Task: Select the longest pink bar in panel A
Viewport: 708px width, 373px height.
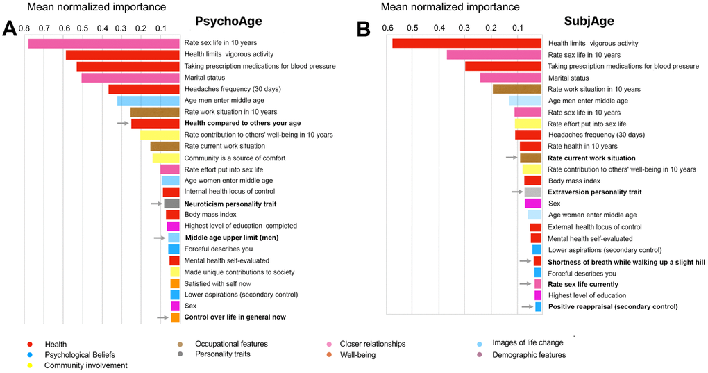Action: pyautogui.click(x=103, y=43)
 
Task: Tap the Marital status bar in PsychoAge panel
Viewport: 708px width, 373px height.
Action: pyautogui.click(x=130, y=78)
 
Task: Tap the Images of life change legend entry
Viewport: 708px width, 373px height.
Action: pyautogui.click(x=527, y=343)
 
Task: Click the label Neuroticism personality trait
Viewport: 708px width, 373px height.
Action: pyautogui.click(x=230, y=204)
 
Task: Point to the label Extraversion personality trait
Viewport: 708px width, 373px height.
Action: pyautogui.click(x=594, y=192)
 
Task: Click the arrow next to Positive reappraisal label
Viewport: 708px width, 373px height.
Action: pyautogui.click(x=527, y=306)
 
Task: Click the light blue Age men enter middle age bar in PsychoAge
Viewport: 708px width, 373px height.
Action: pyautogui.click(x=149, y=101)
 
